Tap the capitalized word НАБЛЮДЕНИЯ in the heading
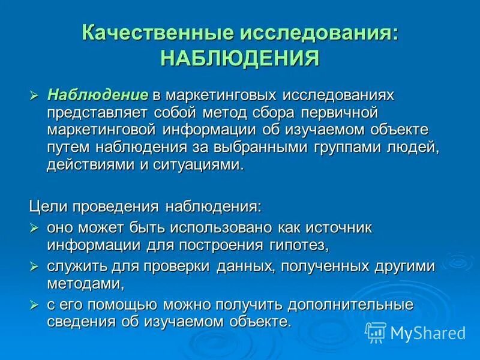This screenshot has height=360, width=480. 240,59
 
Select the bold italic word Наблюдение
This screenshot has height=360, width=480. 98,95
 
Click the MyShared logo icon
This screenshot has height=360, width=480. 376,332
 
